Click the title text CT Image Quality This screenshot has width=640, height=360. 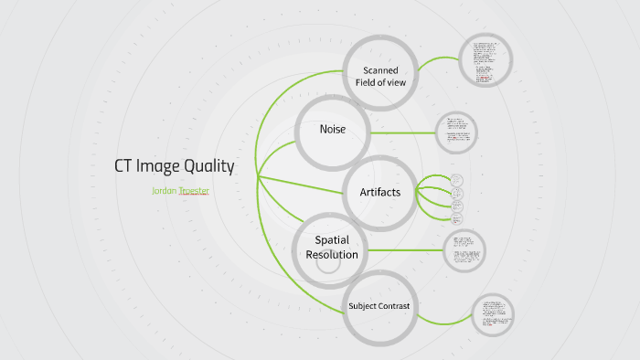tap(174, 166)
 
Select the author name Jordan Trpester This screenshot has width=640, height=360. tap(180, 191)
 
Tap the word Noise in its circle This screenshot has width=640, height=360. tap(332, 129)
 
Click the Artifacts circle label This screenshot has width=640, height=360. tap(379, 193)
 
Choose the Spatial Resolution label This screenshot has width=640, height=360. tap(332, 248)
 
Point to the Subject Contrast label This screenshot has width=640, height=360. tap(379, 305)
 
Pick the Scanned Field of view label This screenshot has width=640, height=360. tap(379, 77)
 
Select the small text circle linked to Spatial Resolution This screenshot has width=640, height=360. tap(464, 249)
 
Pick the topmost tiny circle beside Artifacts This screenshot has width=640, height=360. tap(456, 179)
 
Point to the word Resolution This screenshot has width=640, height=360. tap(332, 255)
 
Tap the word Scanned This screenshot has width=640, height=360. tap(380, 70)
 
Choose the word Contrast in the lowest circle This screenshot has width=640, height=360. tap(393, 305)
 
